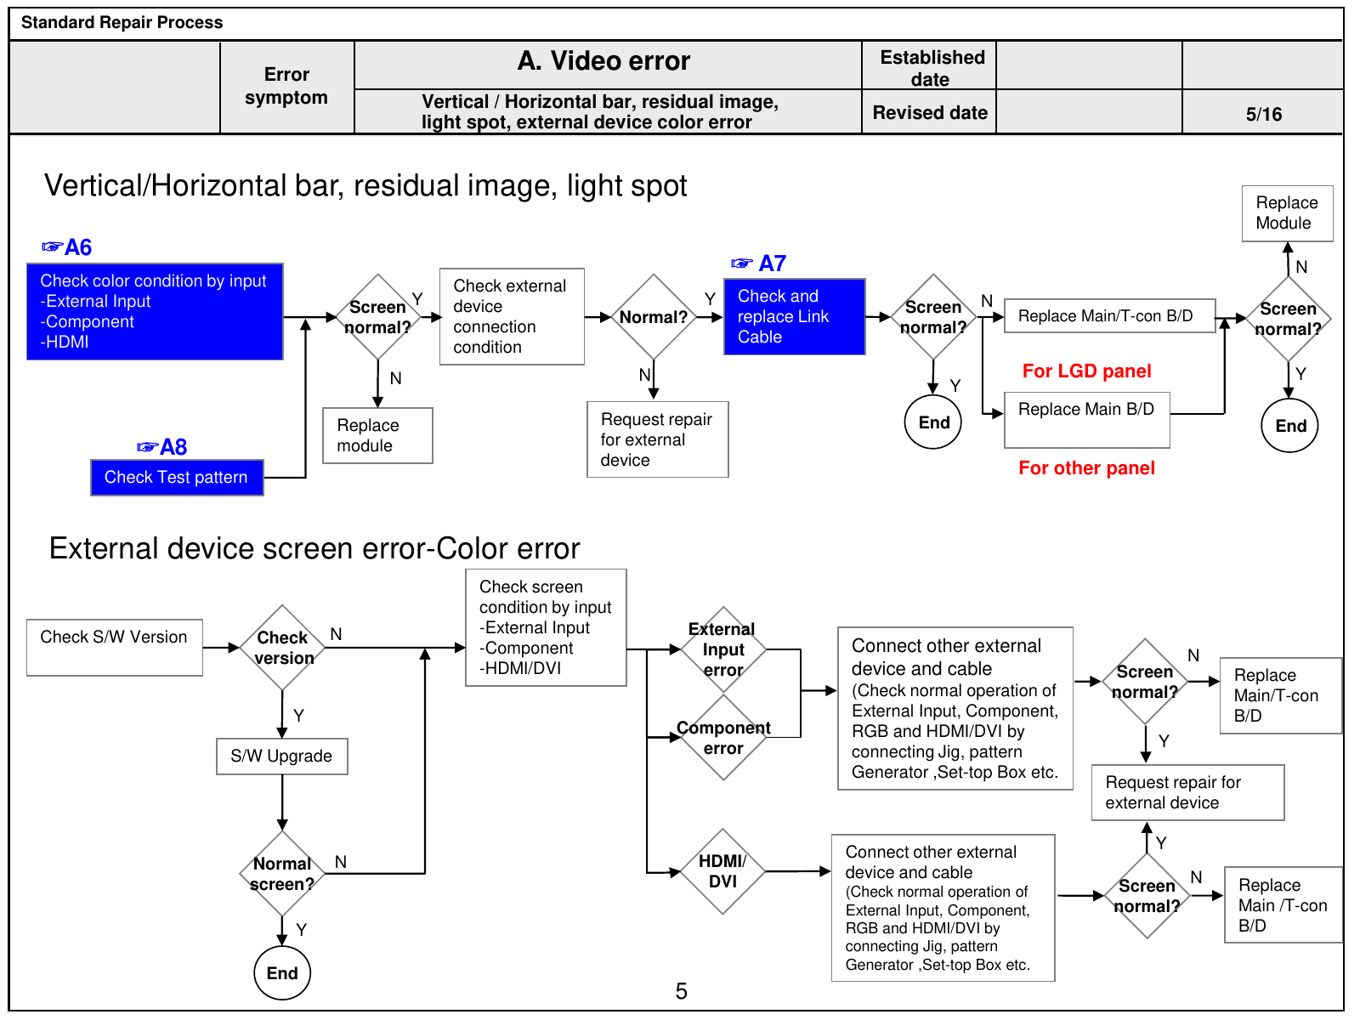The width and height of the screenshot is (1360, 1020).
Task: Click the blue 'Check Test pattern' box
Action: click(x=177, y=478)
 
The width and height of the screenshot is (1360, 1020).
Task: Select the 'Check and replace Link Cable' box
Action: click(x=794, y=316)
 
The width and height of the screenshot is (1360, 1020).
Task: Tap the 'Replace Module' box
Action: click(x=1288, y=213)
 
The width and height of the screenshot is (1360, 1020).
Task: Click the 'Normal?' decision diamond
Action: click(x=653, y=317)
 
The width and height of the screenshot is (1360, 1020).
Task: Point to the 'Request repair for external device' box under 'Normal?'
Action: click(x=657, y=439)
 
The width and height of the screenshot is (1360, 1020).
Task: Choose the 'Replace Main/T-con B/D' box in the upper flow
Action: click(x=1110, y=316)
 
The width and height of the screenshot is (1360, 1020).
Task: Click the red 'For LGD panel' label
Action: click(x=1086, y=371)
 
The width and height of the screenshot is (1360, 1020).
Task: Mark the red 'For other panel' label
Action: click(x=1086, y=467)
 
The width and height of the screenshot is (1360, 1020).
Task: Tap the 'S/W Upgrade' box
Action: click(x=282, y=756)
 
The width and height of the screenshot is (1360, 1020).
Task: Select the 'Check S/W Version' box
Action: click(x=115, y=647)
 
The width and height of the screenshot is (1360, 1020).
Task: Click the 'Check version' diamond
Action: click(x=282, y=648)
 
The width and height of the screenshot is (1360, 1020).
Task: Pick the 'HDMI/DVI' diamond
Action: click(x=722, y=871)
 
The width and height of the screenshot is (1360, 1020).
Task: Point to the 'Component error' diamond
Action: click(x=723, y=738)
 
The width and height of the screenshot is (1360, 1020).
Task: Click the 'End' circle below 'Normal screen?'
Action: click(x=282, y=973)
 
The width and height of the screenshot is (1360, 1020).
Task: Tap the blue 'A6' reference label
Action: click(x=78, y=247)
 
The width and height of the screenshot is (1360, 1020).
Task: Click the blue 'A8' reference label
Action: click(x=173, y=447)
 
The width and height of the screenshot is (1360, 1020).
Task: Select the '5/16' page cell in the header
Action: click(x=1263, y=114)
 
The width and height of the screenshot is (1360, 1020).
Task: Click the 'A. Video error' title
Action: click(x=603, y=60)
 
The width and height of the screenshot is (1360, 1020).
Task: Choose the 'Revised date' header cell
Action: click(x=929, y=113)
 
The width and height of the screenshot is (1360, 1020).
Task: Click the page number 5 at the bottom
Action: click(x=681, y=991)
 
